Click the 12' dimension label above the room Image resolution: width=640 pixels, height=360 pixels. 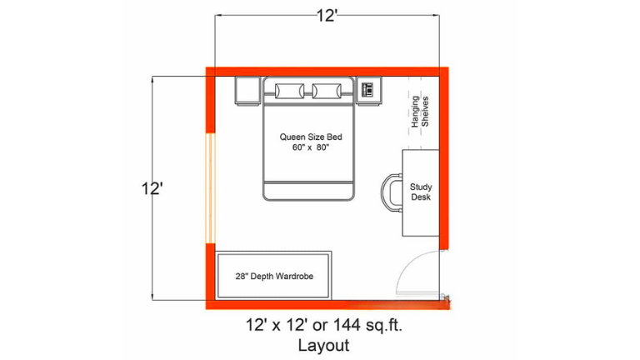pyautogui.click(x=327, y=16)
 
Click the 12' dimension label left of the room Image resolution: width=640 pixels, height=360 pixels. pyautogui.click(x=152, y=189)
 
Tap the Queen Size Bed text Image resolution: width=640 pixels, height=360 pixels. pyautogui.click(x=311, y=137)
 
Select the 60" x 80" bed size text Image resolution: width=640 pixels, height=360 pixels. pyautogui.click(x=310, y=147)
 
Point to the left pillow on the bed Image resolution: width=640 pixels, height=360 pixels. pyautogui.click(x=289, y=91)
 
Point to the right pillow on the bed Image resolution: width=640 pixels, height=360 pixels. pyautogui.click(x=327, y=91)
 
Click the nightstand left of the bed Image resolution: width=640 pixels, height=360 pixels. pyautogui.click(x=247, y=91)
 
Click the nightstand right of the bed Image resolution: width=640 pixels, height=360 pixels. pyautogui.click(x=368, y=91)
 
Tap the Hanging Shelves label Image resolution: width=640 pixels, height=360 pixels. pyautogui.click(x=420, y=112)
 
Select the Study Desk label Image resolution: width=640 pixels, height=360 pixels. pyautogui.click(x=421, y=192)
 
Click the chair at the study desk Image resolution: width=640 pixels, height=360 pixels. pyautogui.click(x=391, y=193)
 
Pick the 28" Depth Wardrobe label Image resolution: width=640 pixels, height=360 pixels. pyautogui.click(x=274, y=277)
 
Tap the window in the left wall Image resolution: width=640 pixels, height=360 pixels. pyautogui.click(x=210, y=188)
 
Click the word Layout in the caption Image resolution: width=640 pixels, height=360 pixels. pyautogui.click(x=323, y=345)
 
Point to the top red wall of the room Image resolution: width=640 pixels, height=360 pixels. pyautogui.click(x=327, y=72)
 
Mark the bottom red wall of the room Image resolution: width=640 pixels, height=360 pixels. pyautogui.click(x=327, y=305)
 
